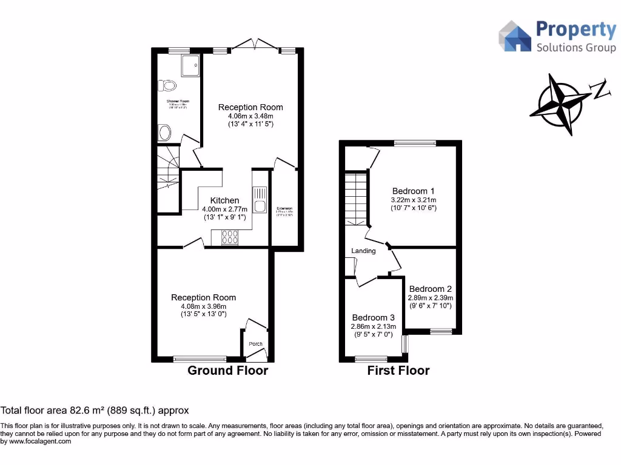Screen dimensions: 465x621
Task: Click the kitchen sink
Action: (260, 200)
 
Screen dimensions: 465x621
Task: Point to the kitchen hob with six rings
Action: (231, 237)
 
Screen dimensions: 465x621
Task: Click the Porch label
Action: (256, 344)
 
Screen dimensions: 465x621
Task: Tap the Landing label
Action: (363, 251)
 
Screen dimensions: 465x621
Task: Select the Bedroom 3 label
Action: (374, 317)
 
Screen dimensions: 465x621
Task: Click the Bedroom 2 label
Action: (431, 289)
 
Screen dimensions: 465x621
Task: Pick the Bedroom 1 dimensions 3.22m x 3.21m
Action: (414, 199)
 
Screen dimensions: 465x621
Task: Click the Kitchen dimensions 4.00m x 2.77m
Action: (224, 209)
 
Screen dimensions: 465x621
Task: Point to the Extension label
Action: (285, 208)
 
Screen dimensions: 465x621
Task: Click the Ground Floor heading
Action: (227, 371)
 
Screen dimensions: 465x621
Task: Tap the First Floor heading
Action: (398, 371)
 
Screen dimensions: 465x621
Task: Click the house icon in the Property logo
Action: (515, 36)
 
